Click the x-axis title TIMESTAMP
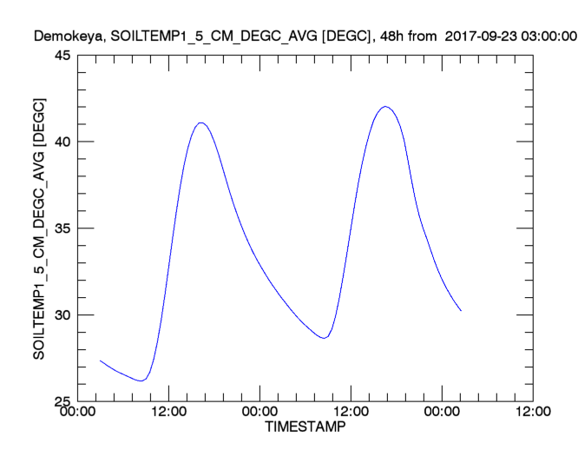tap(304, 428)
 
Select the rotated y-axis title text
tap(39, 228)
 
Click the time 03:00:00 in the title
tap(549, 36)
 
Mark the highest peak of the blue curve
tap(385, 107)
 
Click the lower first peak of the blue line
tap(201, 122)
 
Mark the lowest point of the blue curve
tap(141, 380)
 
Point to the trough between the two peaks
tap(324, 338)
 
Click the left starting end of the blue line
tap(101, 360)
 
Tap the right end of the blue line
tap(461, 310)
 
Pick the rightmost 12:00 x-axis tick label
tap(531, 413)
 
